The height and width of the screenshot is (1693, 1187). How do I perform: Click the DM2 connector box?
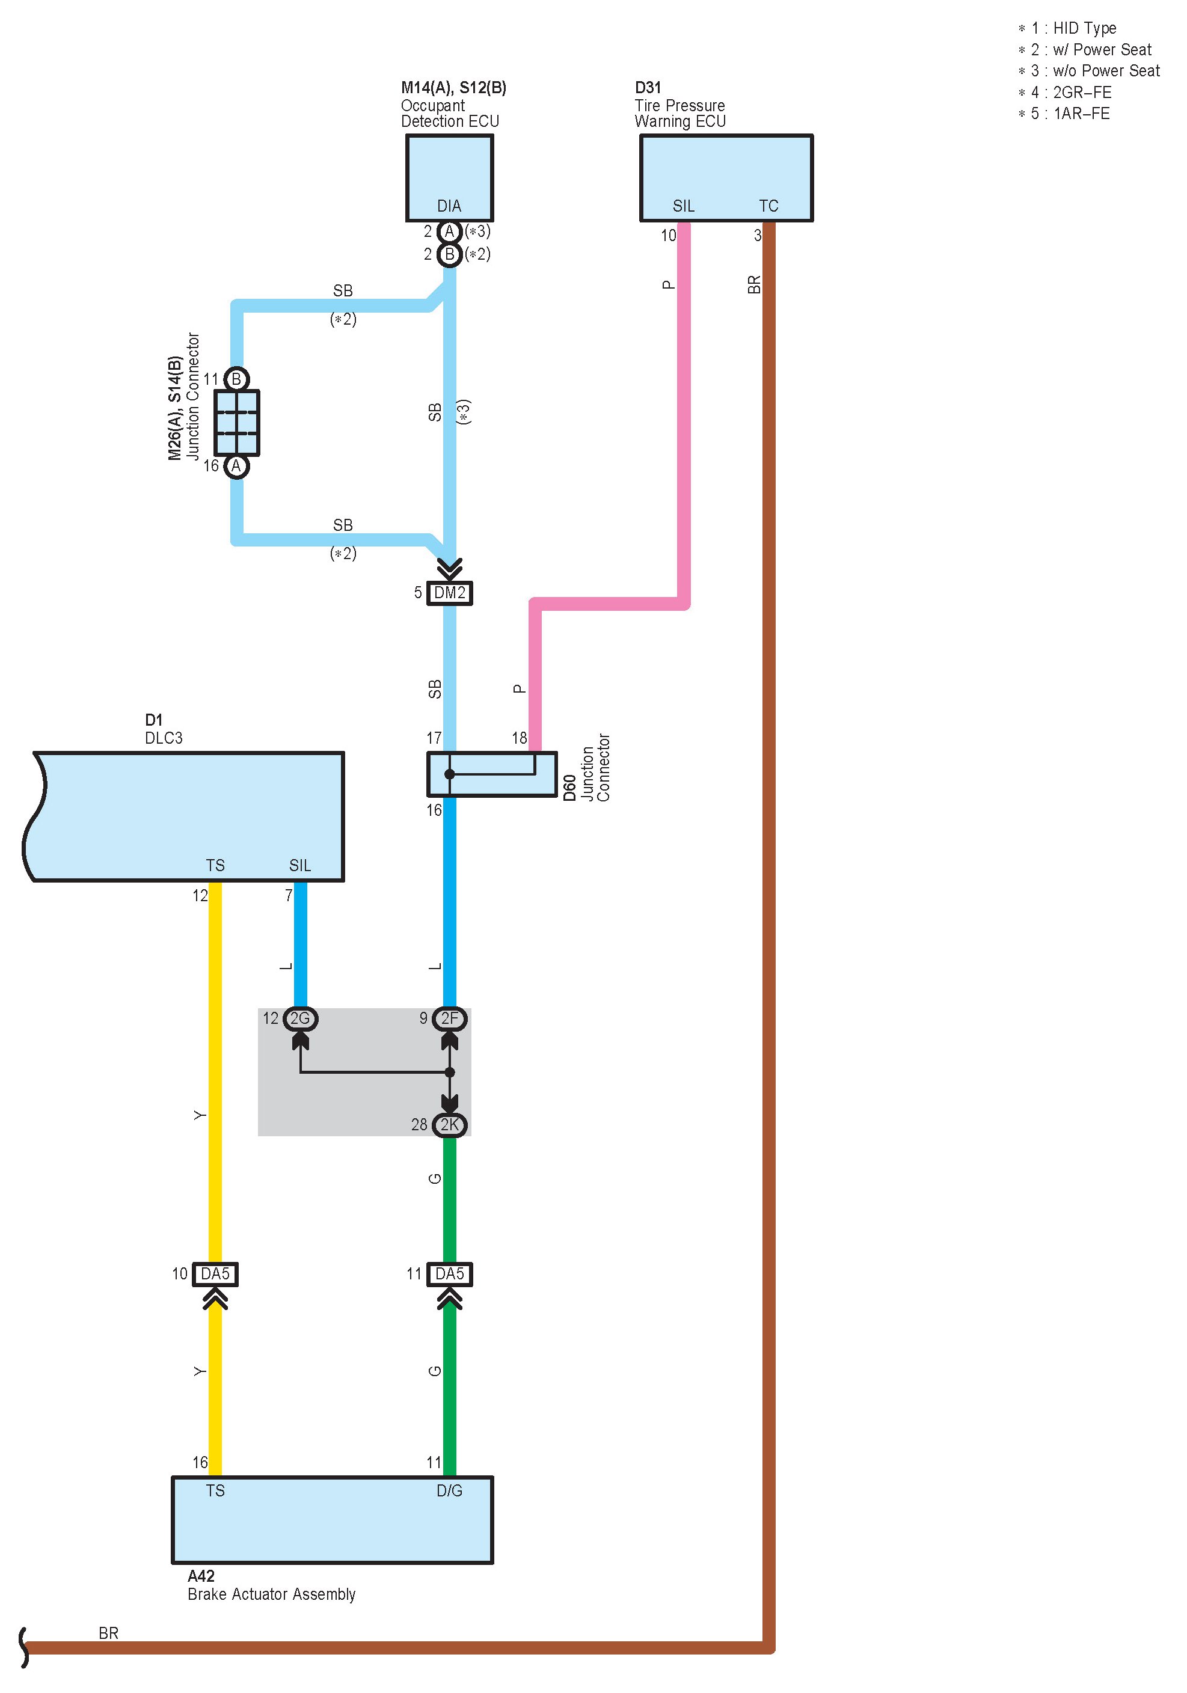tap(449, 593)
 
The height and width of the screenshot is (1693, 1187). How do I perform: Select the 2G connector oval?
tap(300, 1018)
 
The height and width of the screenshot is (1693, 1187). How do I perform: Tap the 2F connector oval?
tap(449, 1018)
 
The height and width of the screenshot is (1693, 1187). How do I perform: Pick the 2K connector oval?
tap(449, 1124)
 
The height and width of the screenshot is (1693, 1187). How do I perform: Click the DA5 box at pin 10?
tap(215, 1273)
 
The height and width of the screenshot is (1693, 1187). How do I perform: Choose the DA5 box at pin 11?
tap(449, 1273)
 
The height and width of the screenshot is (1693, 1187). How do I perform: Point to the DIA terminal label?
tap(449, 206)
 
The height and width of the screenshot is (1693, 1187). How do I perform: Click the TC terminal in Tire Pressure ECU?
tap(768, 206)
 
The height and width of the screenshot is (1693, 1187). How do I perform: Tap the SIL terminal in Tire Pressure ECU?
tap(683, 206)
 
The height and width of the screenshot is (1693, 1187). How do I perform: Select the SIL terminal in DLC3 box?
tap(299, 865)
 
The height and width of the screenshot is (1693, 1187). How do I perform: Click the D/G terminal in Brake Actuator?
tap(449, 1490)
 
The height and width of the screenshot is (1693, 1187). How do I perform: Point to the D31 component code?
tap(648, 88)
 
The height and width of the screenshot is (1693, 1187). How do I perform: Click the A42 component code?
tap(201, 1576)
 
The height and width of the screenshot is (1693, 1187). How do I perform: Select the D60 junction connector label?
tap(569, 788)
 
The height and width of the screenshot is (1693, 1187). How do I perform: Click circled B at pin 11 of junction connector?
tap(236, 379)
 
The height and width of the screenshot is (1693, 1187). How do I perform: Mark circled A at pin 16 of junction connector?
tap(236, 466)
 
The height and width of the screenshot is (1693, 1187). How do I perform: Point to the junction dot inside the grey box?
tap(449, 1072)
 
